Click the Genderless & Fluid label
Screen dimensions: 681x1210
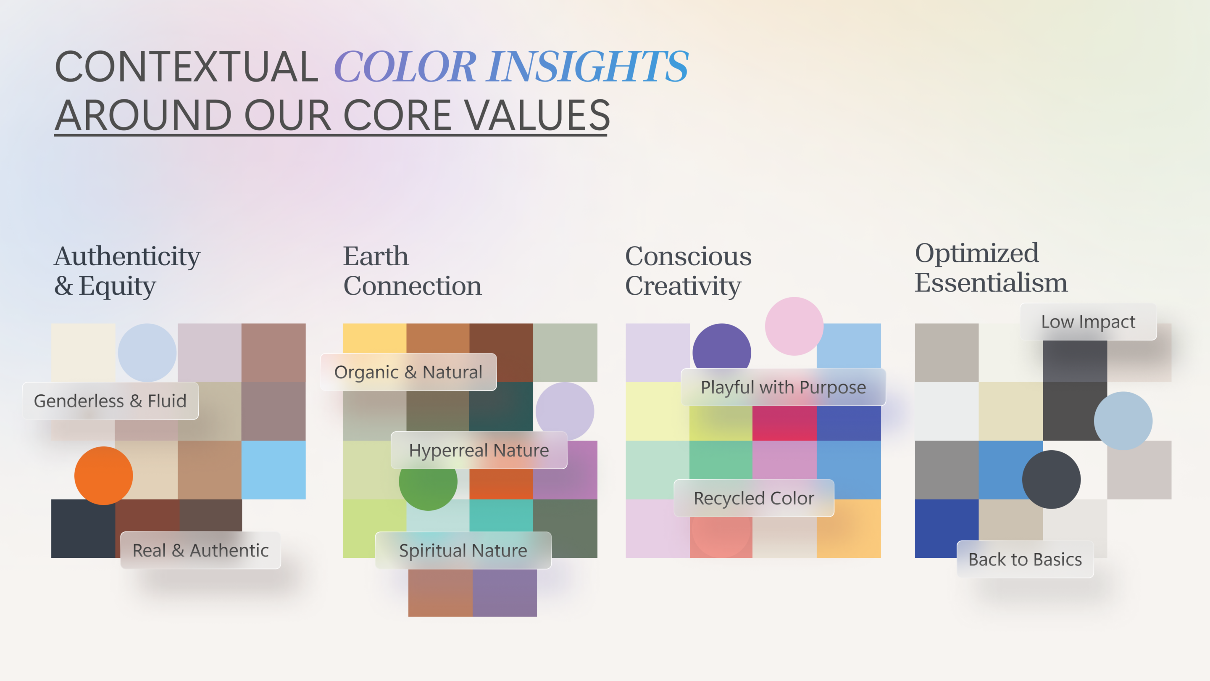point(110,401)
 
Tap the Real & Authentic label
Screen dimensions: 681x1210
point(200,550)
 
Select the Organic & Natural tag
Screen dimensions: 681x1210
point(408,372)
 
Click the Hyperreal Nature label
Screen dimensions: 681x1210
point(479,450)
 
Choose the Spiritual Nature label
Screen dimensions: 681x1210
point(463,550)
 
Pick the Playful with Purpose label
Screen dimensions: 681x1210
point(783,387)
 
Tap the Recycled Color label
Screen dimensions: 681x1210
point(753,498)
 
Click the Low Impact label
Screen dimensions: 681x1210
point(1088,322)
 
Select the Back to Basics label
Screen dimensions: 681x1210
point(1025,559)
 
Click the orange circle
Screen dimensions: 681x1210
point(103,475)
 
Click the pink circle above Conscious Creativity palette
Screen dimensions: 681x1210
point(794,326)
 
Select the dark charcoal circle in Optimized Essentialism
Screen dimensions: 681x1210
point(1051,479)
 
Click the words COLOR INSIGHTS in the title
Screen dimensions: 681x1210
point(511,67)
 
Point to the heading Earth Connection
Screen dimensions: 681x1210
point(412,271)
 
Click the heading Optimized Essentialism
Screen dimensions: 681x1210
point(990,268)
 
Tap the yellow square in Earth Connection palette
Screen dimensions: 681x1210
point(374,338)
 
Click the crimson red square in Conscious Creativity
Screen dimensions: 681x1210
point(784,423)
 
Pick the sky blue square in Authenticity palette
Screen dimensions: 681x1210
point(274,470)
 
